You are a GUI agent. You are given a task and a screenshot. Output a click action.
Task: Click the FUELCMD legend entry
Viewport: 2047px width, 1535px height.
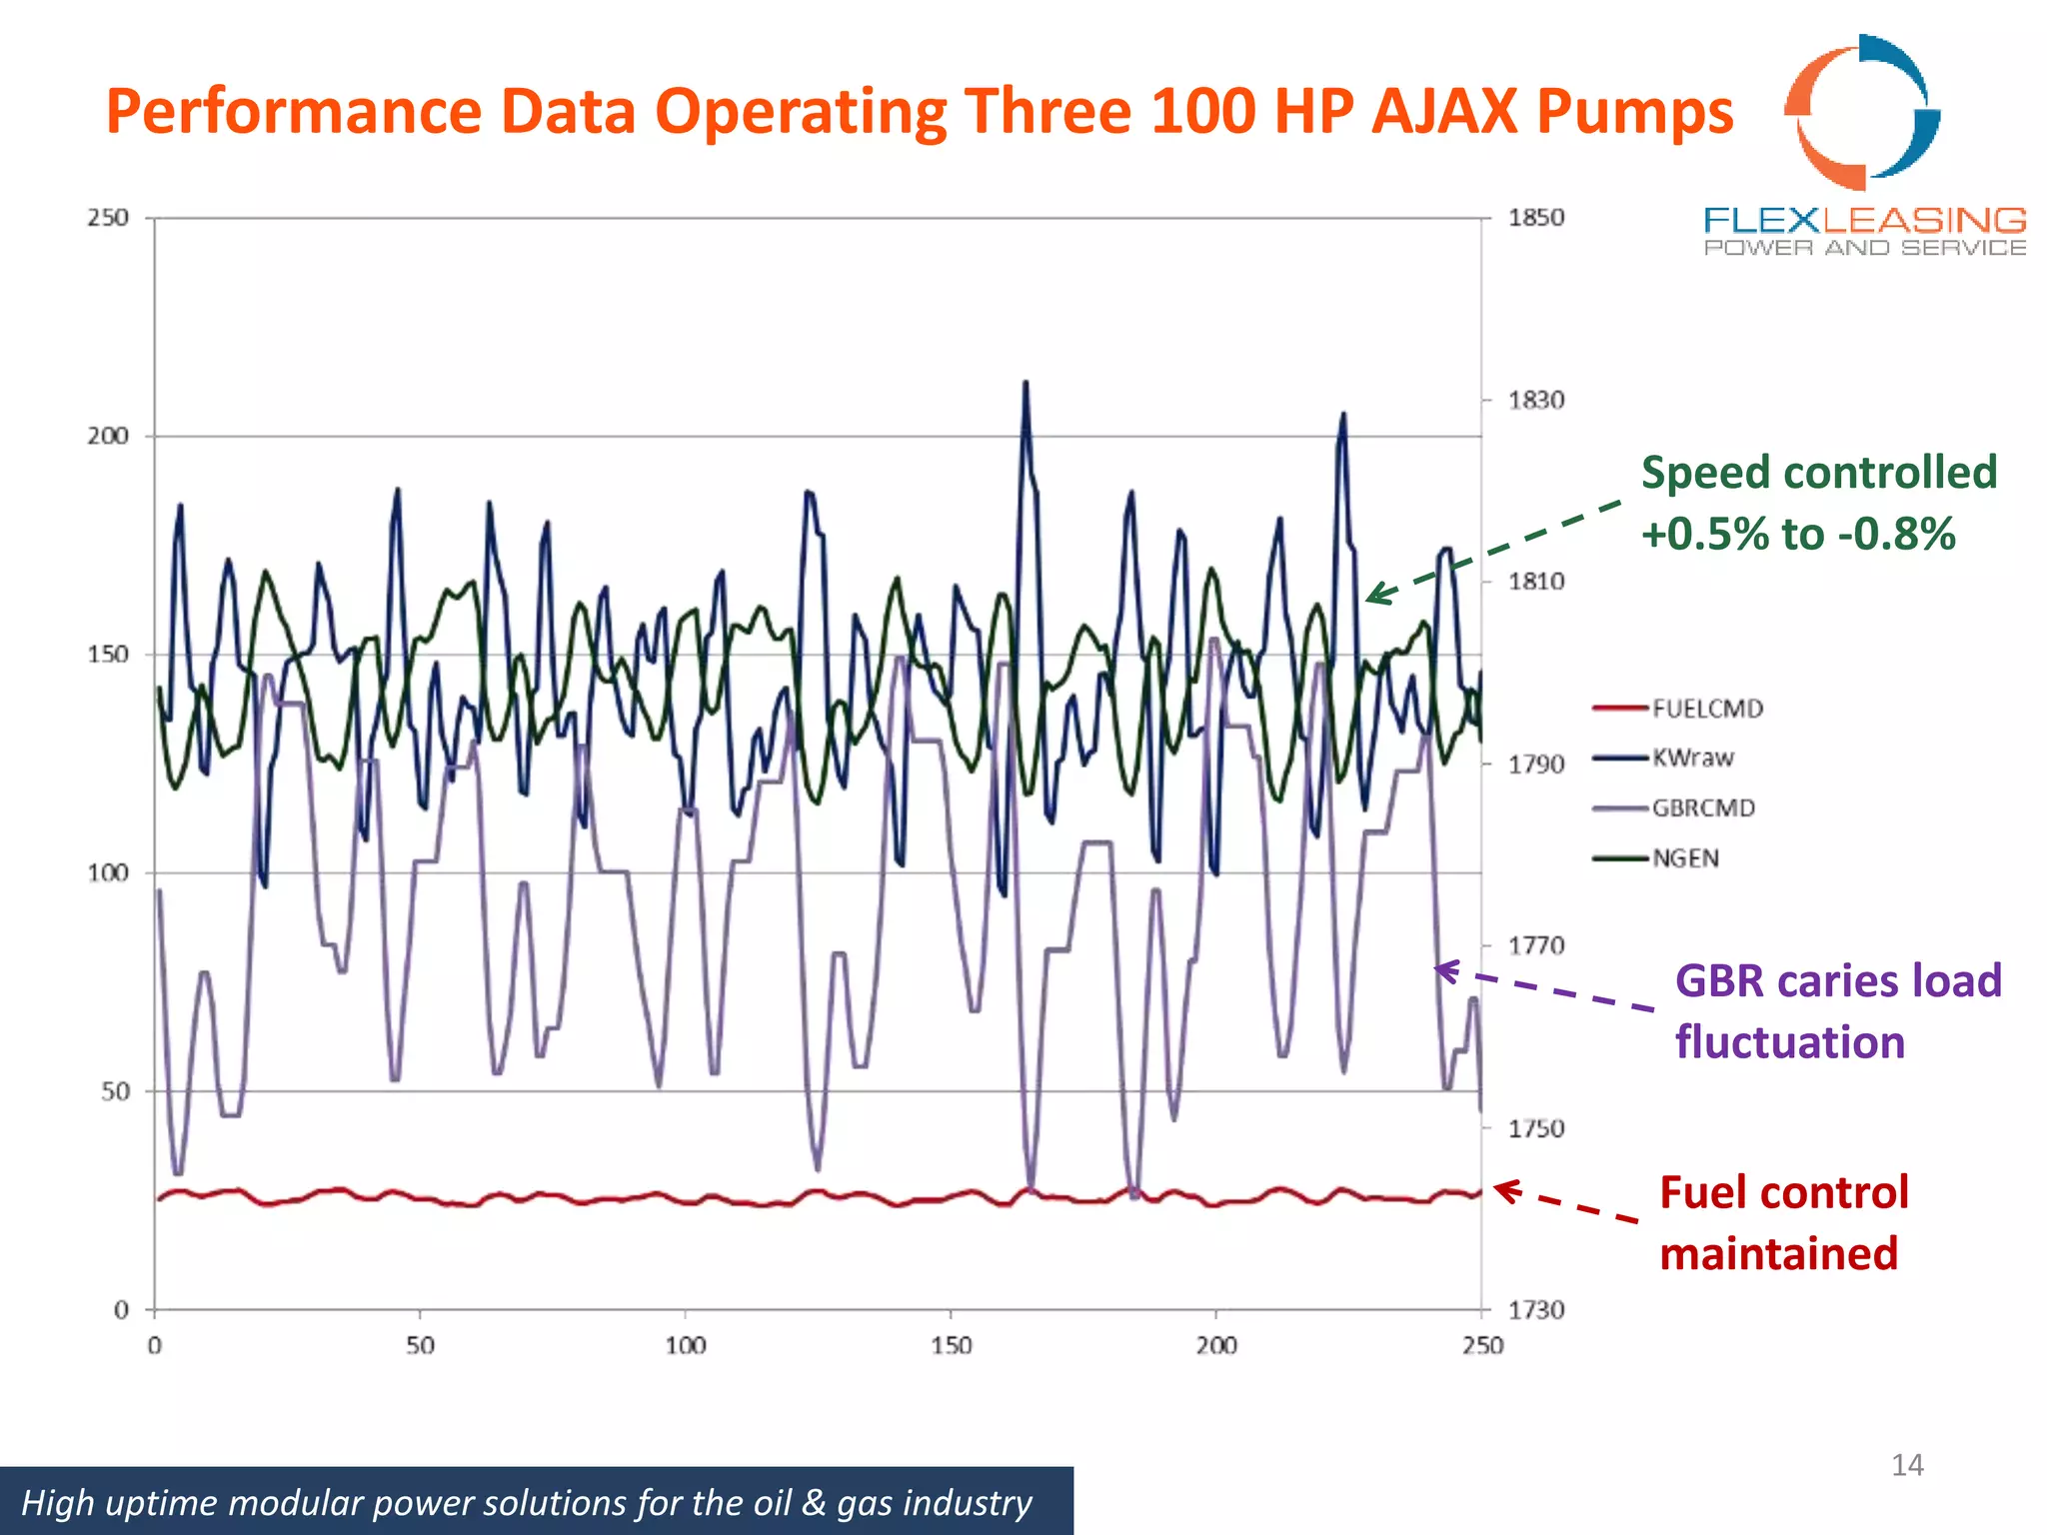click(x=1706, y=709)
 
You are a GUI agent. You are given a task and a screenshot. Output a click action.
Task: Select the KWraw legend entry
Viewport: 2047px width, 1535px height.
click(x=1692, y=758)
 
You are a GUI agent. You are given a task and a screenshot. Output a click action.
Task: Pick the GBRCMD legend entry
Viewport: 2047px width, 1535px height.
click(x=1702, y=807)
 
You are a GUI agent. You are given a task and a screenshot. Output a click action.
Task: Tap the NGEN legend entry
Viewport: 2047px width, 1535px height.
click(x=1685, y=857)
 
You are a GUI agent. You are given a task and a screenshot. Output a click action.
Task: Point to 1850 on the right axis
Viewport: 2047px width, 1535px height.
click(x=1535, y=218)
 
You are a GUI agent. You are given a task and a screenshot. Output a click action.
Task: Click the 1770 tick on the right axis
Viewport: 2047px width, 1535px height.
click(x=1535, y=945)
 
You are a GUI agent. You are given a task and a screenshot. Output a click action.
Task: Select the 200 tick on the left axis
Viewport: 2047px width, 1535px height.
click(x=108, y=436)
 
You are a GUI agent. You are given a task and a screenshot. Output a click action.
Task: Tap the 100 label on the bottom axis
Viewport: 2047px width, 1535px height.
click(x=686, y=1345)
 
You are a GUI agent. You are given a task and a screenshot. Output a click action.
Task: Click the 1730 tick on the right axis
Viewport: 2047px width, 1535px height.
click(x=1535, y=1309)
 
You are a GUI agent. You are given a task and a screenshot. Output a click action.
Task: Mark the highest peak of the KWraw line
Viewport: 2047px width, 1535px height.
click(x=1025, y=384)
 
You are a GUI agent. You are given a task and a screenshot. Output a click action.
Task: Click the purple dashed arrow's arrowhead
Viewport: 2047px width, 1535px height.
click(x=1441, y=968)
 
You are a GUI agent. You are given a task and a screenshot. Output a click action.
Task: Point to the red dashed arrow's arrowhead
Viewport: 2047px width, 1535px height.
click(x=1501, y=1188)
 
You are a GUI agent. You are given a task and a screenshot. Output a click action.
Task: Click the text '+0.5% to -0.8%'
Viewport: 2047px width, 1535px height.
click(x=1797, y=534)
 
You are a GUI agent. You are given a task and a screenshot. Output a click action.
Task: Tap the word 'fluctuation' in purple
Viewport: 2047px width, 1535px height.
click(x=1789, y=1041)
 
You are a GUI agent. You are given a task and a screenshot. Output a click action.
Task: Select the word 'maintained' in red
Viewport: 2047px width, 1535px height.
click(x=1778, y=1253)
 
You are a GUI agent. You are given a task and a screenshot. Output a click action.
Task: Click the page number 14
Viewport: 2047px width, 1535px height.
click(x=1906, y=1465)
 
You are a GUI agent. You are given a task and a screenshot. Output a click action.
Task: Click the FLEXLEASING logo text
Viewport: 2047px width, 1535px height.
click(x=1864, y=220)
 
